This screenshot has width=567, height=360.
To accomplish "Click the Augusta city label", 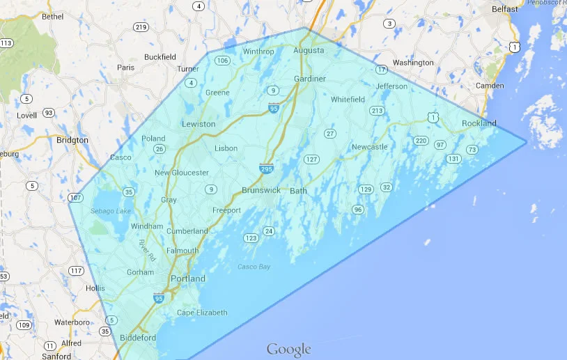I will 309,51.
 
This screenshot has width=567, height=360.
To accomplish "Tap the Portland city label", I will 188,279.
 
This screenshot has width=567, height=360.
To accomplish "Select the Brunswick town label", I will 261,190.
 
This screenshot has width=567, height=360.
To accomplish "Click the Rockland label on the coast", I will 479,123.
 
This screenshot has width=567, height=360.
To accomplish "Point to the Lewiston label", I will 199,124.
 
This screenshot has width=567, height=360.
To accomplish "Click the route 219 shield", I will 141,27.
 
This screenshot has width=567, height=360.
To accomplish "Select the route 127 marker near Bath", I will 311,159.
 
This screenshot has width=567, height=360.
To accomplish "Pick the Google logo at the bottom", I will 288,349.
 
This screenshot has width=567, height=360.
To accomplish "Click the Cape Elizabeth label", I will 201,313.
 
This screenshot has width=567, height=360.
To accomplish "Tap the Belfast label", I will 505,9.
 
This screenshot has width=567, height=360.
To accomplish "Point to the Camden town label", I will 489,86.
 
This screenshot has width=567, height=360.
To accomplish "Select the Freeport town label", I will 226,210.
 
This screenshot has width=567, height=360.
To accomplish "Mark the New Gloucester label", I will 181,173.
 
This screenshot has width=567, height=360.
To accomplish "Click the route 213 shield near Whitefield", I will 377,111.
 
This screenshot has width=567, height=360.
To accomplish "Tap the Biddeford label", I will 138,338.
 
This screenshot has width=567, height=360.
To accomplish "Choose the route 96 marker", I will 358,209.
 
